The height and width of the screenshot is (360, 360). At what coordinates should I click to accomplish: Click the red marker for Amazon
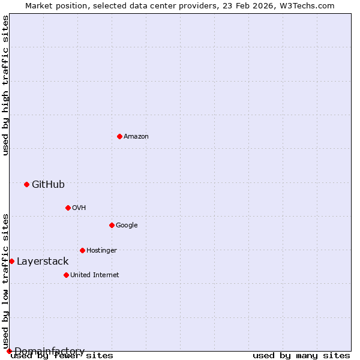click(119, 136)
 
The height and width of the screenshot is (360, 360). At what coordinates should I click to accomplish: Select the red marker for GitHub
click(26, 184)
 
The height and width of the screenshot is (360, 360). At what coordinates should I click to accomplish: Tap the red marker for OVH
click(68, 208)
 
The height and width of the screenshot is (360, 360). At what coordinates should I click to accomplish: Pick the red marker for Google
click(112, 225)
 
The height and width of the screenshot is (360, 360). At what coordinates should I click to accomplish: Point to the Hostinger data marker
click(82, 250)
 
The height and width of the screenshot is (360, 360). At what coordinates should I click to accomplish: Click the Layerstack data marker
click(11, 261)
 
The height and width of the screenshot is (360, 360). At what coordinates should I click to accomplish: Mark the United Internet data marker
click(66, 275)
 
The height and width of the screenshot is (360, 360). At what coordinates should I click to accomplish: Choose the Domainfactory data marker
click(9, 351)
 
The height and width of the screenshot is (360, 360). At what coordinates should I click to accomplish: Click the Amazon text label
click(136, 136)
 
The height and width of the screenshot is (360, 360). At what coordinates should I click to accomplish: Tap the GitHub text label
click(48, 184)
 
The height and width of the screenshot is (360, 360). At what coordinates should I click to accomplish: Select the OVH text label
click(79, 208)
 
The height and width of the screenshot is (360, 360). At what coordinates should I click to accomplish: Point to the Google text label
click(127, 225)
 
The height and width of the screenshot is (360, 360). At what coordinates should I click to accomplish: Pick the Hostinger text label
click(101, 250)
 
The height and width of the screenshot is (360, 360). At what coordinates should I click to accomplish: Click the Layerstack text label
click(43, 261)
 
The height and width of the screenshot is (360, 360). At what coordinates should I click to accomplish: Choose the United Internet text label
click(94, 275)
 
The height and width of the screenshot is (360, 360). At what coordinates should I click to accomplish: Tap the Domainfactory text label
click(49, 351)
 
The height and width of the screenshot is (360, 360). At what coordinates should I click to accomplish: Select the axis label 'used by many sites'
click(301, 356)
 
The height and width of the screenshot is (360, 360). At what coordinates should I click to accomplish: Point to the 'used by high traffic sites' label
click(5, 85)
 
